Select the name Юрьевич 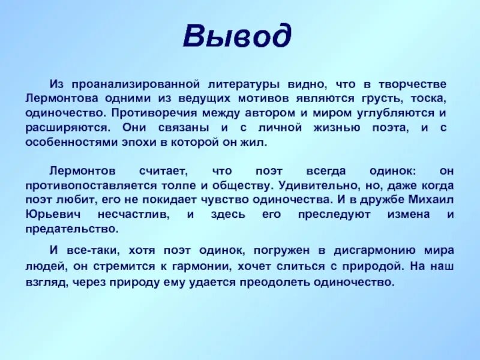coord(52,214)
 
